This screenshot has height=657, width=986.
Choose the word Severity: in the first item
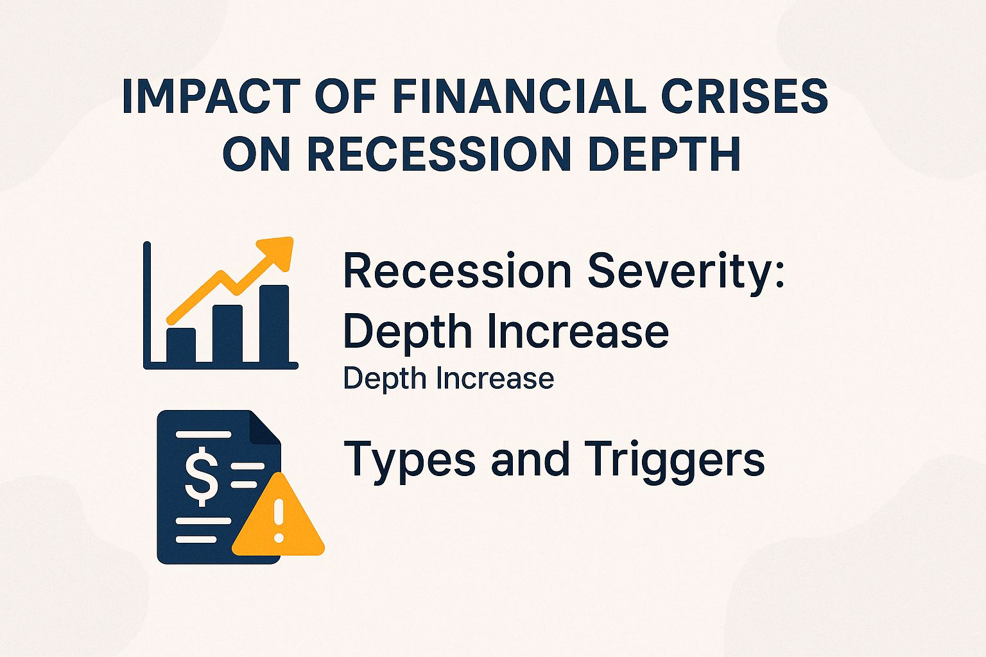tap(686, 271)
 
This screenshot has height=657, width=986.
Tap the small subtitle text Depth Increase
tap(448, 379)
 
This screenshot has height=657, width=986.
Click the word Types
tap(411, 460)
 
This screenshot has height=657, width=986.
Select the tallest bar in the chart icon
tap(274, 324)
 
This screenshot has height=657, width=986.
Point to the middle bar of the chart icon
tap(227, 334)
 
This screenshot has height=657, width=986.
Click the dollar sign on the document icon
tap(201, 475)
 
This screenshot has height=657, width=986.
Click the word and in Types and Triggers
tap(530, 460)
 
